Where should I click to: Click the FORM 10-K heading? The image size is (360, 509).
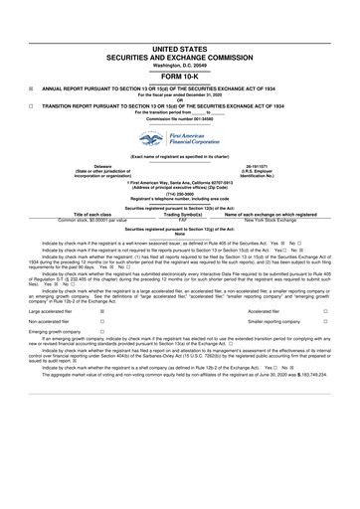coord(180,75)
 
